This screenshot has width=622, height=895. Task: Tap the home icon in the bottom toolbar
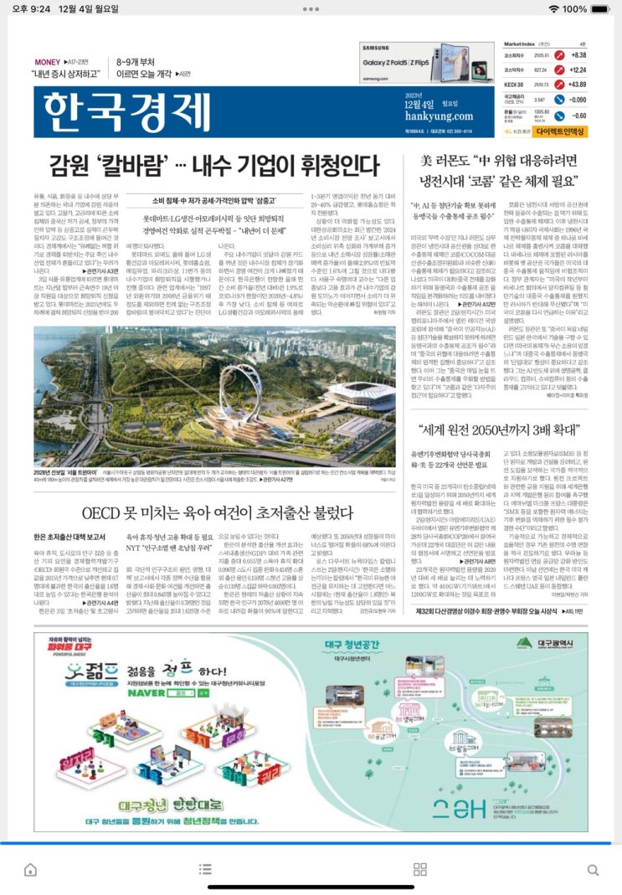[30, 869]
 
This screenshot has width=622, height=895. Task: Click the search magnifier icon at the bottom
[593, 869]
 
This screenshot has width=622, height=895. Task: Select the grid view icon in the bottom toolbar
[420, 869]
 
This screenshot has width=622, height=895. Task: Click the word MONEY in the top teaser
[47, 62]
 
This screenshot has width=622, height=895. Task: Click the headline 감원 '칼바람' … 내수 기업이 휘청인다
[214, 163]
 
